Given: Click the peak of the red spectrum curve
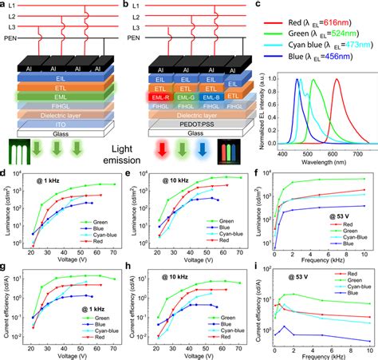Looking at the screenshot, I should click(x=336, y=79).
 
